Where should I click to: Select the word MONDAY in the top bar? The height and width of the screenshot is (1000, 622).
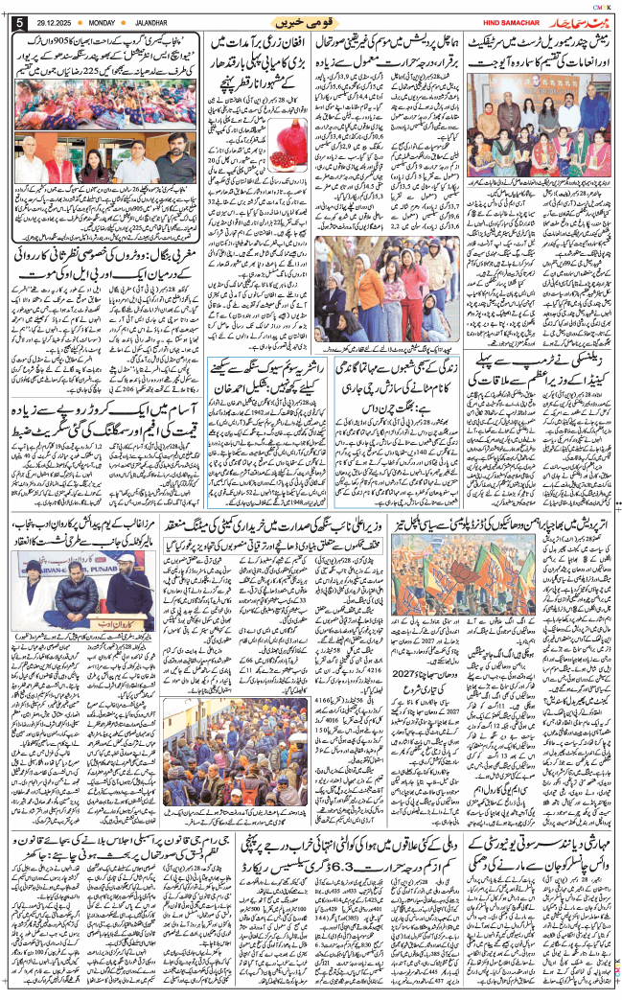103,21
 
